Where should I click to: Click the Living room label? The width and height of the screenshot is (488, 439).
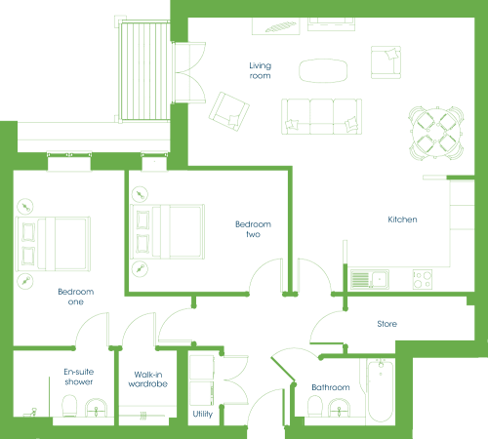coord(260,70)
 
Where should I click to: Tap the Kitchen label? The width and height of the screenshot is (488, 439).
coord(402,219)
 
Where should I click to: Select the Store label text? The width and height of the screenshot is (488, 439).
coord(386,324)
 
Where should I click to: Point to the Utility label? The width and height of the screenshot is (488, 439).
coord(202,414)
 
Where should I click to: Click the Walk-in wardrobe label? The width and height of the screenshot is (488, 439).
coord(148,379)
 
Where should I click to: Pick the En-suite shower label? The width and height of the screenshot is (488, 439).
coord(79,377)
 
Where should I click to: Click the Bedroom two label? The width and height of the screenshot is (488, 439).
coord(253,229)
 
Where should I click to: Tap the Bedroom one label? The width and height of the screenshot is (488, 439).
coord(76,297)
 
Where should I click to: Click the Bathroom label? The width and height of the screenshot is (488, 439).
coord(331,387)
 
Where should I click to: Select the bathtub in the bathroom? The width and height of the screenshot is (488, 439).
coord(381,390)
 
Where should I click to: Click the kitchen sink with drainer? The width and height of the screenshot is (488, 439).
coord(370,279)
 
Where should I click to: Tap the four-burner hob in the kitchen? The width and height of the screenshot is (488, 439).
coord(423,279)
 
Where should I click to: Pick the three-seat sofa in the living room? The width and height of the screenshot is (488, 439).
coord(321,116)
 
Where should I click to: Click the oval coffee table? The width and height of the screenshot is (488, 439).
coord(323,70)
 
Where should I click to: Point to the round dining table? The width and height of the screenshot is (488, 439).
coord(436,133)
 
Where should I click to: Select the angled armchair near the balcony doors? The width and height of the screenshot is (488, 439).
coord(229,111)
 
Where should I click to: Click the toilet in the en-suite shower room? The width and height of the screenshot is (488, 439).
coord(69,406)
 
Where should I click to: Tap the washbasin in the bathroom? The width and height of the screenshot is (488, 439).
coord(339,408)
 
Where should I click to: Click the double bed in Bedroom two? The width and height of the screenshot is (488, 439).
coord(167,231)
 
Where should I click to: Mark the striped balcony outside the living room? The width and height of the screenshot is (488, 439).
coord(144,70)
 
